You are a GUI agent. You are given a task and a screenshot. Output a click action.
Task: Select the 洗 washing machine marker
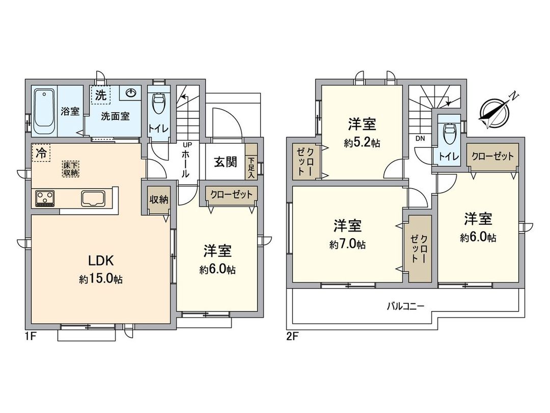[x=100, y=94]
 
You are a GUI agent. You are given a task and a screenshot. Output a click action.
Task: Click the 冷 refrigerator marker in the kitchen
[x=41, y=152]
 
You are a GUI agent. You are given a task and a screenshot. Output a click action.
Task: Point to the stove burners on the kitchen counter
[x=44, y=198]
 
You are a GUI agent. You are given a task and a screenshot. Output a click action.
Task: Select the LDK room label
[x=101, y=261]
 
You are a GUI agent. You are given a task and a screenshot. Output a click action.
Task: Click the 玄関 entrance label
[x=225, y=162]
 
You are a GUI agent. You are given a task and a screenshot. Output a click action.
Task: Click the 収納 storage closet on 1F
[x=158, y=200]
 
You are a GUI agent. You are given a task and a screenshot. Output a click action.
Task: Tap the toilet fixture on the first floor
[x=158, y=106]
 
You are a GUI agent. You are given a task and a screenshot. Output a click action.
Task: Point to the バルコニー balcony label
[x=405, y=306]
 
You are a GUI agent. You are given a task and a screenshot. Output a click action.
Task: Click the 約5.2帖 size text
[x=362, y=144]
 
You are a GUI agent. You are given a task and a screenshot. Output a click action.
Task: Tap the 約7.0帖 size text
[x=347, y=245]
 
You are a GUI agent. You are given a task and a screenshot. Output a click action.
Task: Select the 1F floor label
[x=30, y=337]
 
